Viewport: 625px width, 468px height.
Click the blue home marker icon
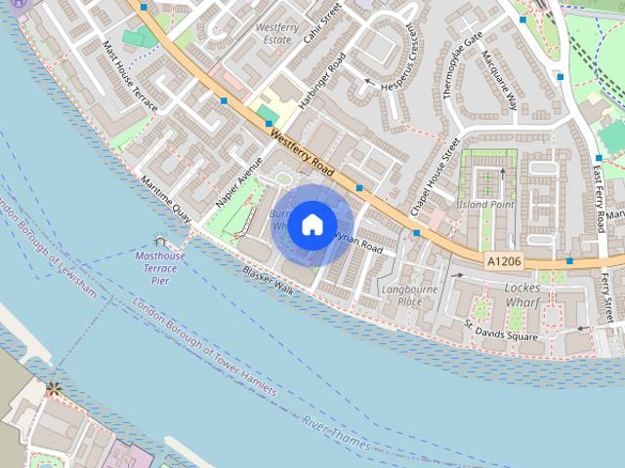[x=312, y=224]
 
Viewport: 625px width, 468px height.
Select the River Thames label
[x=336, y=434]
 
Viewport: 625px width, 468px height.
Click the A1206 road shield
[x=503, y=261]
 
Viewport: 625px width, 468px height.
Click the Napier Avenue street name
[x=238, y=181]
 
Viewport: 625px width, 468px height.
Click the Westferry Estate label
[x=276, y=34]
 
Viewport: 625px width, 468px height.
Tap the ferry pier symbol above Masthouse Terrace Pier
[x=160, y=240]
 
